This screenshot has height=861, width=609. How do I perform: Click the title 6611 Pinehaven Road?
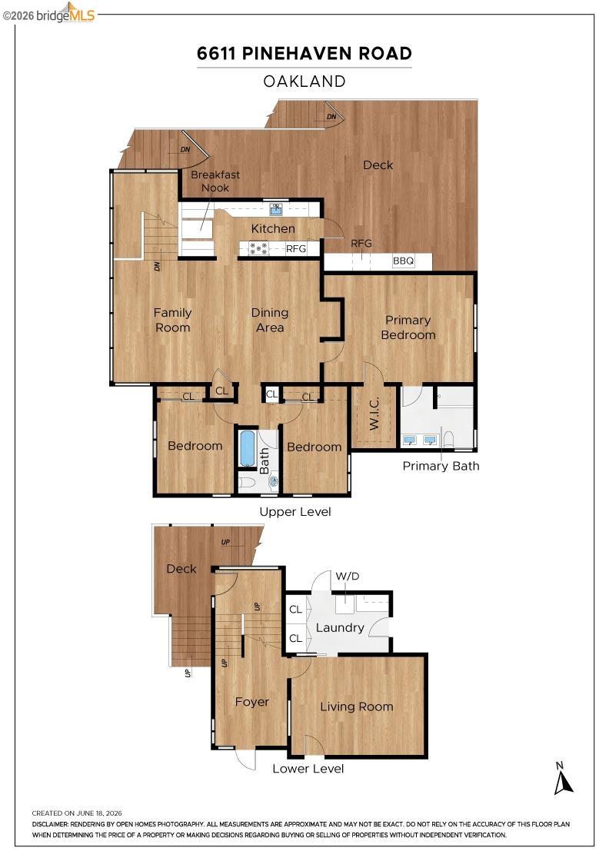click(304, 53)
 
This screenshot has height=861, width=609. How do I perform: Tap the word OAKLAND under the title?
click(304, 81)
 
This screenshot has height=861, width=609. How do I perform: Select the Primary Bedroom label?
click(408, 327)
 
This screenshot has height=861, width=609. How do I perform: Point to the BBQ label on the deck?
click(403, 261)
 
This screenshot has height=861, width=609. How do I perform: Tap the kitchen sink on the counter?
click(276, 208)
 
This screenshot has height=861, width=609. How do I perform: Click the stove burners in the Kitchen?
click(258, 248)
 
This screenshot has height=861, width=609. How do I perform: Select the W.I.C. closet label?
click(374, 414)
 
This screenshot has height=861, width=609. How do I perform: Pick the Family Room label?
click(172, 320)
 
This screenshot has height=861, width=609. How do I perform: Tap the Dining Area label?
click(270, 320)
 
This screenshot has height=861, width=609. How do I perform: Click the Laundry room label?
click(340, 627)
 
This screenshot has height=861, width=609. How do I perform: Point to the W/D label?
click(347, 576)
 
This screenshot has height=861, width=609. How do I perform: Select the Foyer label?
click(252, 703)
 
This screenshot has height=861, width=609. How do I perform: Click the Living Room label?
click(356, 706)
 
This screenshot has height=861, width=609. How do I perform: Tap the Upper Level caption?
click(295, 512)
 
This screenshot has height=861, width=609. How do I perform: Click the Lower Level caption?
click(308, 769)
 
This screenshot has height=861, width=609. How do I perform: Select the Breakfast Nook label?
click(215, 181)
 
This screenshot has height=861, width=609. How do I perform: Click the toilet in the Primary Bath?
click(448, 439)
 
